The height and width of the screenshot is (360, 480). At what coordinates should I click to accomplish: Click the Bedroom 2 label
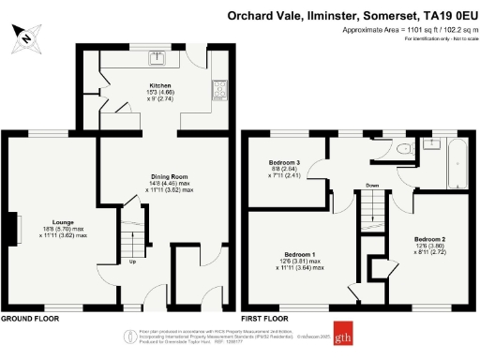pos(428,240)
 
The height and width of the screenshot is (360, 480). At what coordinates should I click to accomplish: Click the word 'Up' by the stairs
pos(131,261)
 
